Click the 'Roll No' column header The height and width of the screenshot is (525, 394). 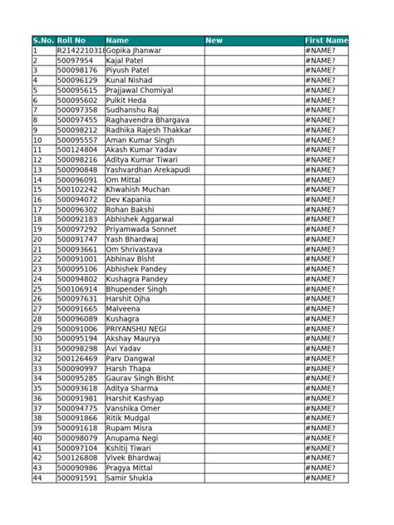coord(71,40)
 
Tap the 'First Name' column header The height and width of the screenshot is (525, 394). coord(326,40)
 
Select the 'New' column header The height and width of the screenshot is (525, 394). coord(214,40)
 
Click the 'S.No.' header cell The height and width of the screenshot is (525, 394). coord(42,40)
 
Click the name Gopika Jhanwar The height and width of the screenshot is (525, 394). coord(134,51)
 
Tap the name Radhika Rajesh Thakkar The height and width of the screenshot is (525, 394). coord(149,130)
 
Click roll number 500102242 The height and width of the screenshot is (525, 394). coord(76,189)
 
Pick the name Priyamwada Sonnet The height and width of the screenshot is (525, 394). coord(140,229)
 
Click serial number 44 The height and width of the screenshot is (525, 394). coord(37,478)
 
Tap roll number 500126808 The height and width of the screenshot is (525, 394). coord(76,458)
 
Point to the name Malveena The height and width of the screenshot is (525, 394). coord(126,309)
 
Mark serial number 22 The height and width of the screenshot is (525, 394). coord(37,259)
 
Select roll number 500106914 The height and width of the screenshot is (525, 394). coord(76,289)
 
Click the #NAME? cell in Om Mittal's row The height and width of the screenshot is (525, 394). coord(321,179)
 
